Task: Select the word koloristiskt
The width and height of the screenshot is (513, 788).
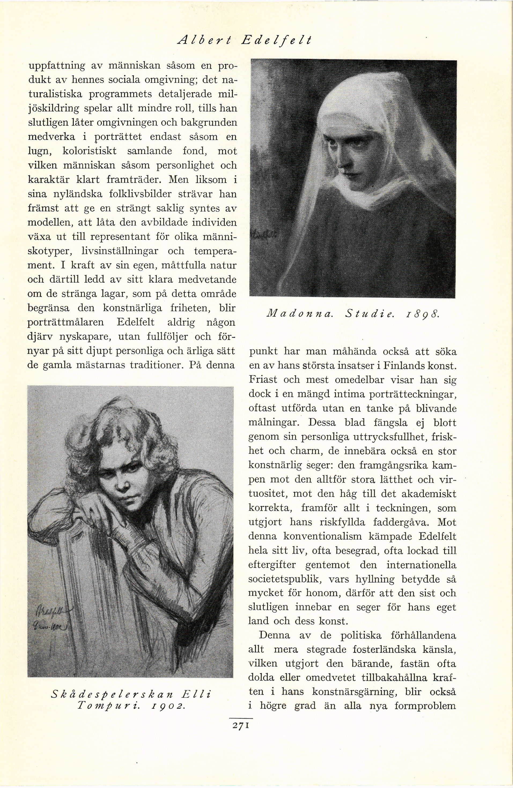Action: tap(89, 151)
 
